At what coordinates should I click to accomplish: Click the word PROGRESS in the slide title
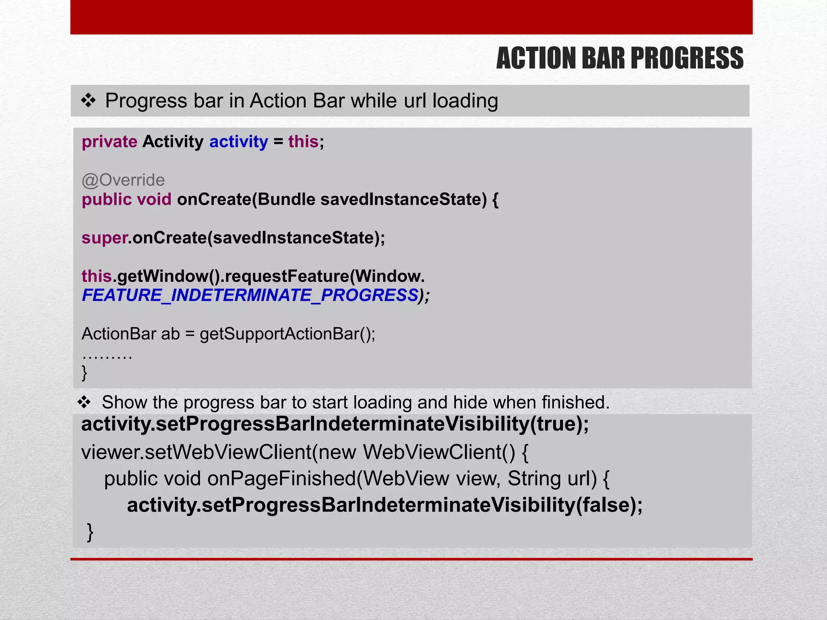[x=686, y=58]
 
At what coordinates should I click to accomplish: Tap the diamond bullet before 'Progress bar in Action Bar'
[x=88, y=101]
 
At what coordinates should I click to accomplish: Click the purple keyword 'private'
[x=109, y=142]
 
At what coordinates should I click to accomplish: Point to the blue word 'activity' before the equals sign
[x=238, y=142]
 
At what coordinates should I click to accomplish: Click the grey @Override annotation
[x=123, y=180]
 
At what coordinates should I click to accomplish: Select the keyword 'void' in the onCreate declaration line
[x=154, y=199]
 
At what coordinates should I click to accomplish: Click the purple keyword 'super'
[x=104, y=238]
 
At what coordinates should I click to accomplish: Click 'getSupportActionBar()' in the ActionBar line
[x=287, y=334]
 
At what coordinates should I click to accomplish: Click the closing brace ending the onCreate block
[x=84, y=372]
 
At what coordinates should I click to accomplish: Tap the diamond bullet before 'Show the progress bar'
[x=84, y=402]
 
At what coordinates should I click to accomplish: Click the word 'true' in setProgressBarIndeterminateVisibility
[x=555, y=424]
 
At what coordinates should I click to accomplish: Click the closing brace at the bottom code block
[x=90, y=532]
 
